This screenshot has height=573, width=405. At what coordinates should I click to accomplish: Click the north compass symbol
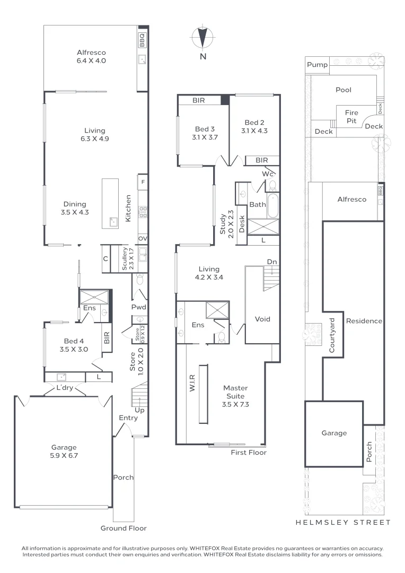(202, 38)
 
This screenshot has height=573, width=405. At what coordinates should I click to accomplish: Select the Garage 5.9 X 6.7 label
(64, 451)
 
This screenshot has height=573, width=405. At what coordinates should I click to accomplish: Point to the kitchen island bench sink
(113, 222)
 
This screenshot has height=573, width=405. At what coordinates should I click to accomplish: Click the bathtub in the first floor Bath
(272, 206)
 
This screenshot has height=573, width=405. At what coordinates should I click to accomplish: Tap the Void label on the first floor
(262, 319)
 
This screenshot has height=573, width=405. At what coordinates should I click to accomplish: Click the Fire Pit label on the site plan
(351, 116)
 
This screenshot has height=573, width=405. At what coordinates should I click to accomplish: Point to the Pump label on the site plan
(317, 65)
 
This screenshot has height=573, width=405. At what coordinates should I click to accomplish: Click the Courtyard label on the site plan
(332, 336)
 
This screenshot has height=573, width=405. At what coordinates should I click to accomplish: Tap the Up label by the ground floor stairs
(140, 410)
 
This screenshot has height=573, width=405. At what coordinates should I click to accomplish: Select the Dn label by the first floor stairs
(271, 262)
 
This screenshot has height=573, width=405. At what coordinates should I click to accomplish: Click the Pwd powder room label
(138, 307)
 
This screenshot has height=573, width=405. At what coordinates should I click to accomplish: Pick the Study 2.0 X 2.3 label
(226, 223)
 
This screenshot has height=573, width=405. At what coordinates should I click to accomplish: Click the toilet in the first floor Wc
(272, 185)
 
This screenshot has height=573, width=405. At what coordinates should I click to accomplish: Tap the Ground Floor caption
(124, 528)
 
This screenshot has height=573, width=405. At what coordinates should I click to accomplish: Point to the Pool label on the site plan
(344, 90)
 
